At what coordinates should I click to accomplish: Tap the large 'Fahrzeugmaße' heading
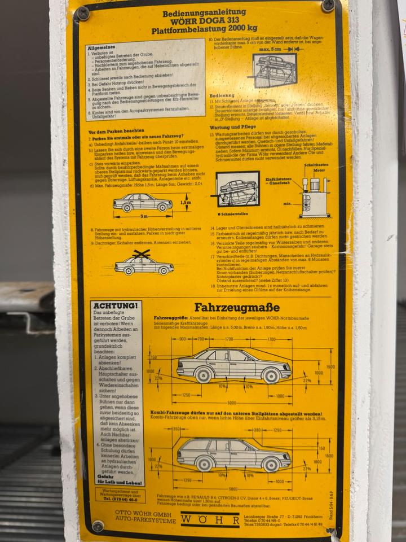236,308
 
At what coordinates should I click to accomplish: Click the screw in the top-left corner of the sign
83,14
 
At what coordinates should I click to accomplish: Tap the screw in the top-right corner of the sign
328,6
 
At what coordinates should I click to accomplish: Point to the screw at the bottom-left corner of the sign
98,526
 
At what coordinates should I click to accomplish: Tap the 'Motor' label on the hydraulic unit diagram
319,169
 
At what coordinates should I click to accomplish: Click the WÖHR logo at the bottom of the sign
210,520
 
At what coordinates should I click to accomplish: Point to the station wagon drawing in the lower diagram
233,453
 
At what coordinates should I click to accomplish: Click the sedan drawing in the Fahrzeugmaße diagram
233,364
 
